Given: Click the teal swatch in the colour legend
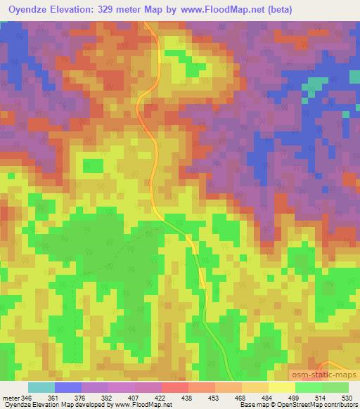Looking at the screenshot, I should tap(41, 388).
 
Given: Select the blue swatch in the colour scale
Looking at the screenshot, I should tap(67, 388).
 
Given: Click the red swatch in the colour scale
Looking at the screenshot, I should tap(174, 388).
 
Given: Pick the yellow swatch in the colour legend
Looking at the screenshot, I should tap(281, 388).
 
